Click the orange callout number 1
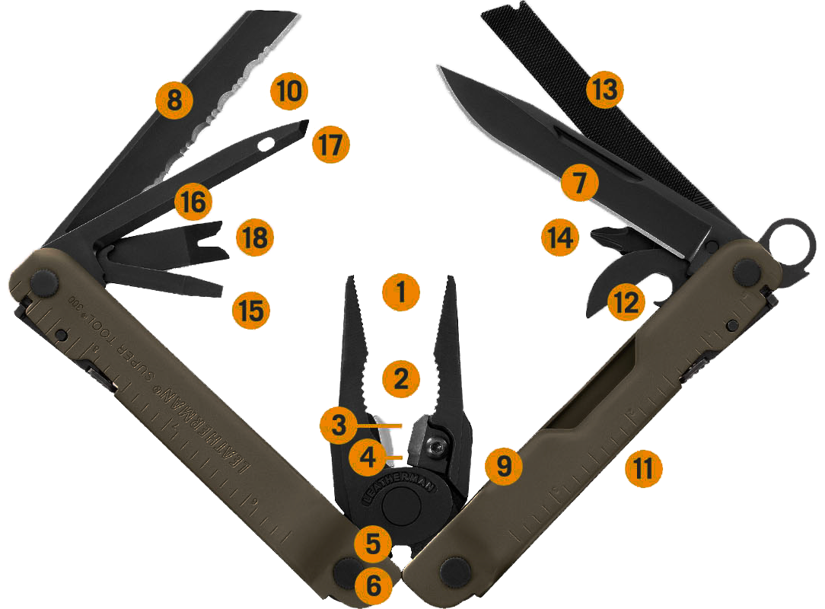[402, 291]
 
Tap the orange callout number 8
[175, 99]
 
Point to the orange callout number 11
[644, 467]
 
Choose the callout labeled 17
[332, 142]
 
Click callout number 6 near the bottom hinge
[374, 585]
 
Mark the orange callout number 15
[252, 310]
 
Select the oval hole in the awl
[267, 142]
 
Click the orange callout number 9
[504, 467]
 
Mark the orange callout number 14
[560, 238]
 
